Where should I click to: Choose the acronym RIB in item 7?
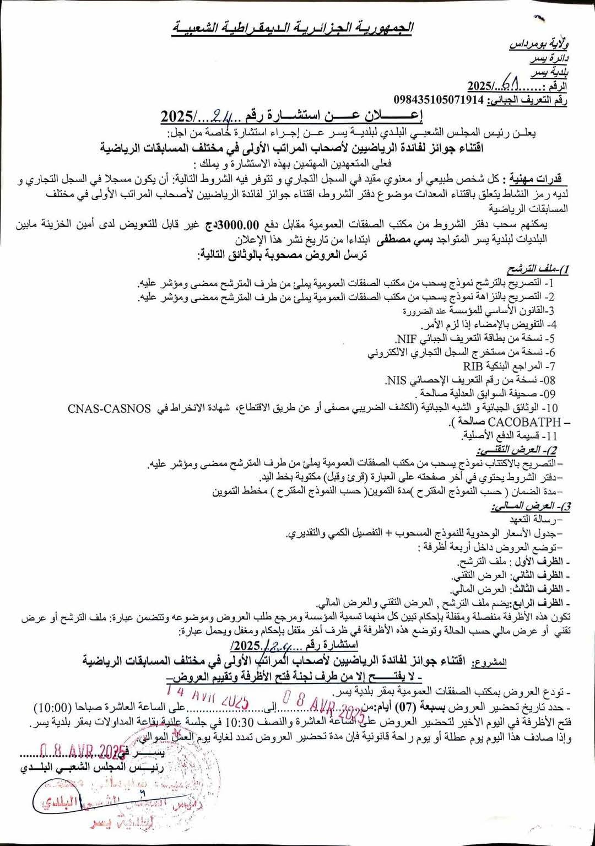473,366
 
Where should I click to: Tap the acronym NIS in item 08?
396,380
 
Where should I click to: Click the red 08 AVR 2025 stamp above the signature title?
83,751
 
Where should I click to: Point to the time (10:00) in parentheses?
53,708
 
